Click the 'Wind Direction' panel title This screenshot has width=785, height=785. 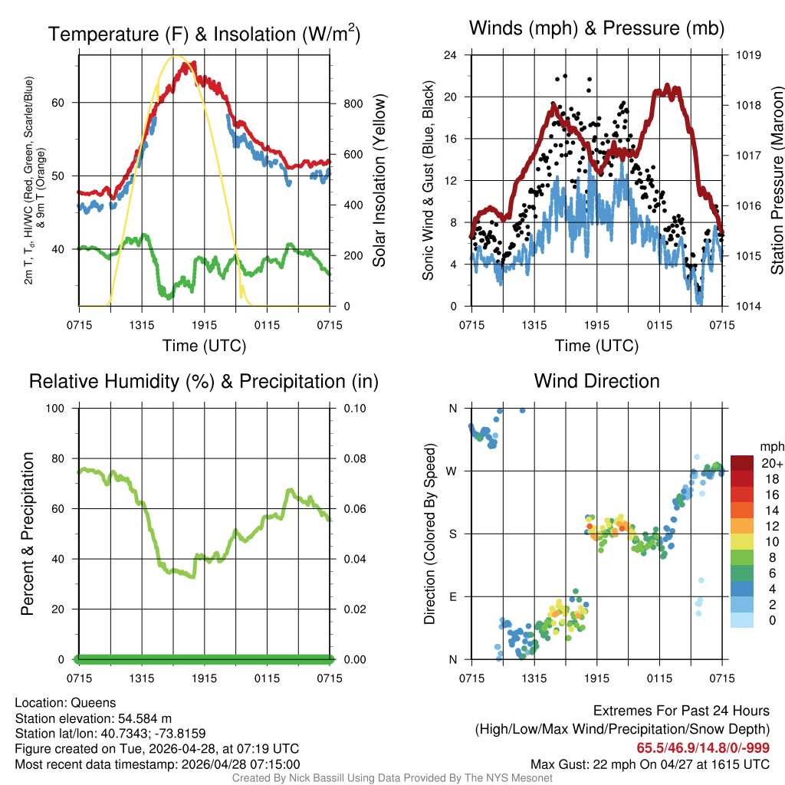(x=596, y=381)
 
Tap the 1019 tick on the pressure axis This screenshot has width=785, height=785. (x=748, y=55)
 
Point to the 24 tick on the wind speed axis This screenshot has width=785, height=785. (x=451, y=55)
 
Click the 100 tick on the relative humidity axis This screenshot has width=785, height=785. (x=61, y=408)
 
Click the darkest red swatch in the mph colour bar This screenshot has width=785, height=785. (x=742, y=463)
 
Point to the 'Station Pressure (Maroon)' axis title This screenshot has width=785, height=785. (x=777, y=181)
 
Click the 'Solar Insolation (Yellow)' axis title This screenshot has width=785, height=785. (x=379, y=181)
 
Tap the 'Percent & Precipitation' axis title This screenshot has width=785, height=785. (x=28, y=534)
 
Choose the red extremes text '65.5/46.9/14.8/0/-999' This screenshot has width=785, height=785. (x=703, y=747)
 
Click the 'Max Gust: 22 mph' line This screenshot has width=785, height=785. (x=650, y=764)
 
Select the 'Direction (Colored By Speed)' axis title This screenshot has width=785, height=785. (x=430, y=534)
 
